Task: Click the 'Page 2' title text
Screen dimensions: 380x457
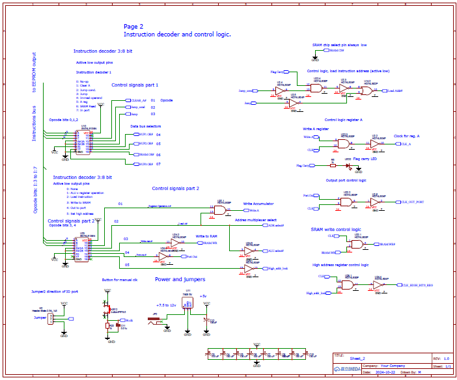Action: tap(133, 27)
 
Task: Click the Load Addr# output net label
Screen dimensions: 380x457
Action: tap(396, 91)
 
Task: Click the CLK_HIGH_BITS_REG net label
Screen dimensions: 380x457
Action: tap(417, 285)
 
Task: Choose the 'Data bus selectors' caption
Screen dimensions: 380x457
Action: tap(145, 126)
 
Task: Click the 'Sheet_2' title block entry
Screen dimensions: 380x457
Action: tap(358, 359)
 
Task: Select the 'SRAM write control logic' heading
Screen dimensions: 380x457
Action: tap(335, 230)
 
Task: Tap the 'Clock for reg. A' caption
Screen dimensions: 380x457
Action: tap(408, 135)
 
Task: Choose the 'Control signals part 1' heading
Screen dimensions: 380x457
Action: tap(135, 85)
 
